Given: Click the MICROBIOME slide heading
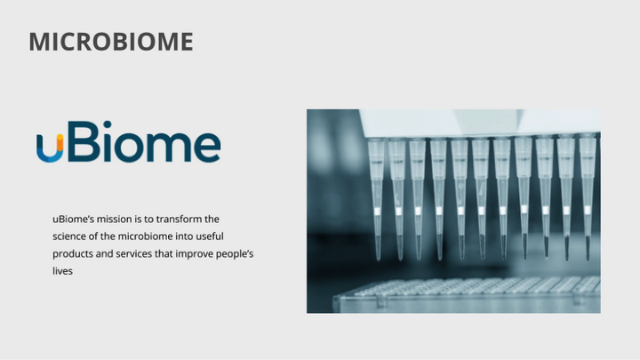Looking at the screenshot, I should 111,42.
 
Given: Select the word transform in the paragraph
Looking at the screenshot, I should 183,219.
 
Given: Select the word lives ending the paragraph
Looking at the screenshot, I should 62,270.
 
